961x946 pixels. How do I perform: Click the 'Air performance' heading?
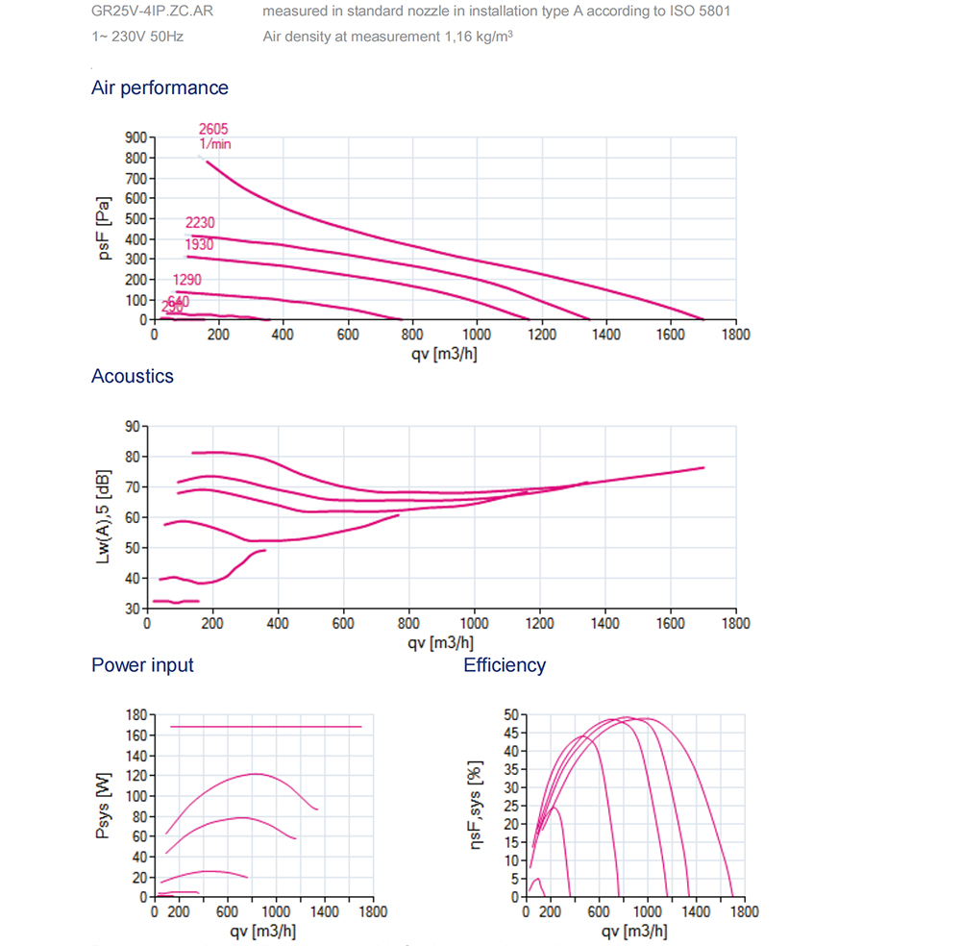[x=160, y=87]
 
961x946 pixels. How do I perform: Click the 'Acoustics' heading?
[x=133, y=376]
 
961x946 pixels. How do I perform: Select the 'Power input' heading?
[x=142, y=665]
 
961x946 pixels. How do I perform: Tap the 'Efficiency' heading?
[x=505, y=665]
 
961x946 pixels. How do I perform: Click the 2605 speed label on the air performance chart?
[x=213, y=129]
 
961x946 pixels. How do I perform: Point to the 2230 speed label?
[x=200, y=223]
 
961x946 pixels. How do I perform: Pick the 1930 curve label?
[x=199, y=245]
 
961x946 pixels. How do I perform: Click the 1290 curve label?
[x=188, y=282]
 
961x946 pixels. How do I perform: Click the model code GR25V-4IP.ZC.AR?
[x=152, y=12]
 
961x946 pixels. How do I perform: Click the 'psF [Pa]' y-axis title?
[x=104, y=229]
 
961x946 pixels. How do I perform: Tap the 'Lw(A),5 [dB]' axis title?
[x=104, y=516]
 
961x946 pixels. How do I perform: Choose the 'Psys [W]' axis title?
[x=104, y=806]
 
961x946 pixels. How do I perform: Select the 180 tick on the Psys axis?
[x=136, y=715]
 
